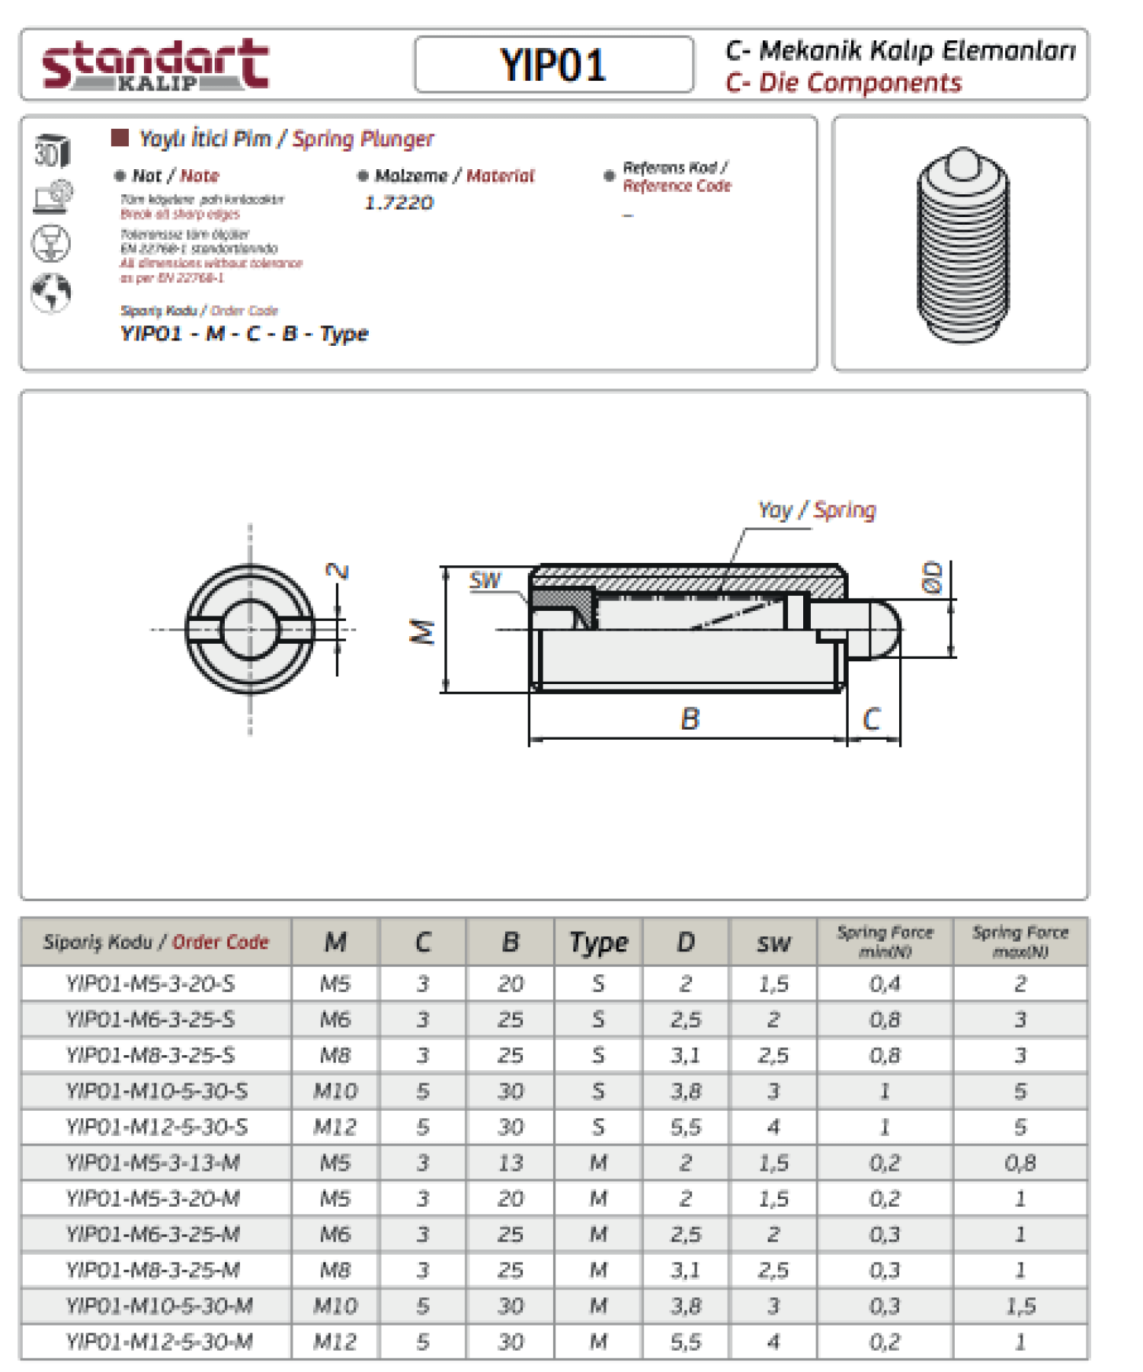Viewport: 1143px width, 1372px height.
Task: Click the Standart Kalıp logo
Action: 155,65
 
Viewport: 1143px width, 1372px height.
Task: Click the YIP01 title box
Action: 553,65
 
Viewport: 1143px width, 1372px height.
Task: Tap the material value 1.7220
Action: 399,203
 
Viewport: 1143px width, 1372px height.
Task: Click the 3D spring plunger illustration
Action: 962,244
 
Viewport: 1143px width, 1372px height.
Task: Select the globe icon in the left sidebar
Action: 51,292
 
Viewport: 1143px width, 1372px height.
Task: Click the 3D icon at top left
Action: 51,151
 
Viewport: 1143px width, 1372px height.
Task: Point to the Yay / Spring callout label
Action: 816,510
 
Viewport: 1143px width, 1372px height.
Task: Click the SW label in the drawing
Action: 485,580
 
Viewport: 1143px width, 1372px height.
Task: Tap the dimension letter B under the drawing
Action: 690,718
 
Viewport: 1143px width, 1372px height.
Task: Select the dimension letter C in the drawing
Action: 872,718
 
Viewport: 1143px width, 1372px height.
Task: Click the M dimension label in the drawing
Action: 423,632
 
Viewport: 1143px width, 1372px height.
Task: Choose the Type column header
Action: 598,942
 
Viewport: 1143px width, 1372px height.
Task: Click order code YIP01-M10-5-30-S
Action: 156,1091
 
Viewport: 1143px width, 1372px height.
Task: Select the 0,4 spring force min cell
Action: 884,983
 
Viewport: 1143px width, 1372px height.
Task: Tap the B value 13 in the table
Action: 510,1163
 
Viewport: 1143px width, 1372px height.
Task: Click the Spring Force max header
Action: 1020,942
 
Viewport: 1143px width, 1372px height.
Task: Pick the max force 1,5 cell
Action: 1020,1306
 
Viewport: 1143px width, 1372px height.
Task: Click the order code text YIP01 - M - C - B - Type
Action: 244,334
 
